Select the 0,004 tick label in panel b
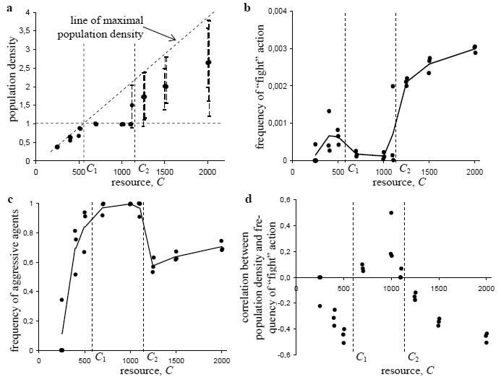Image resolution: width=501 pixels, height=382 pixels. [278, 12]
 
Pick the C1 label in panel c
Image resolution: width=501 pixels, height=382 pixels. [100, 357]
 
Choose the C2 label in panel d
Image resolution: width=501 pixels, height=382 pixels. [413, 357]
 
